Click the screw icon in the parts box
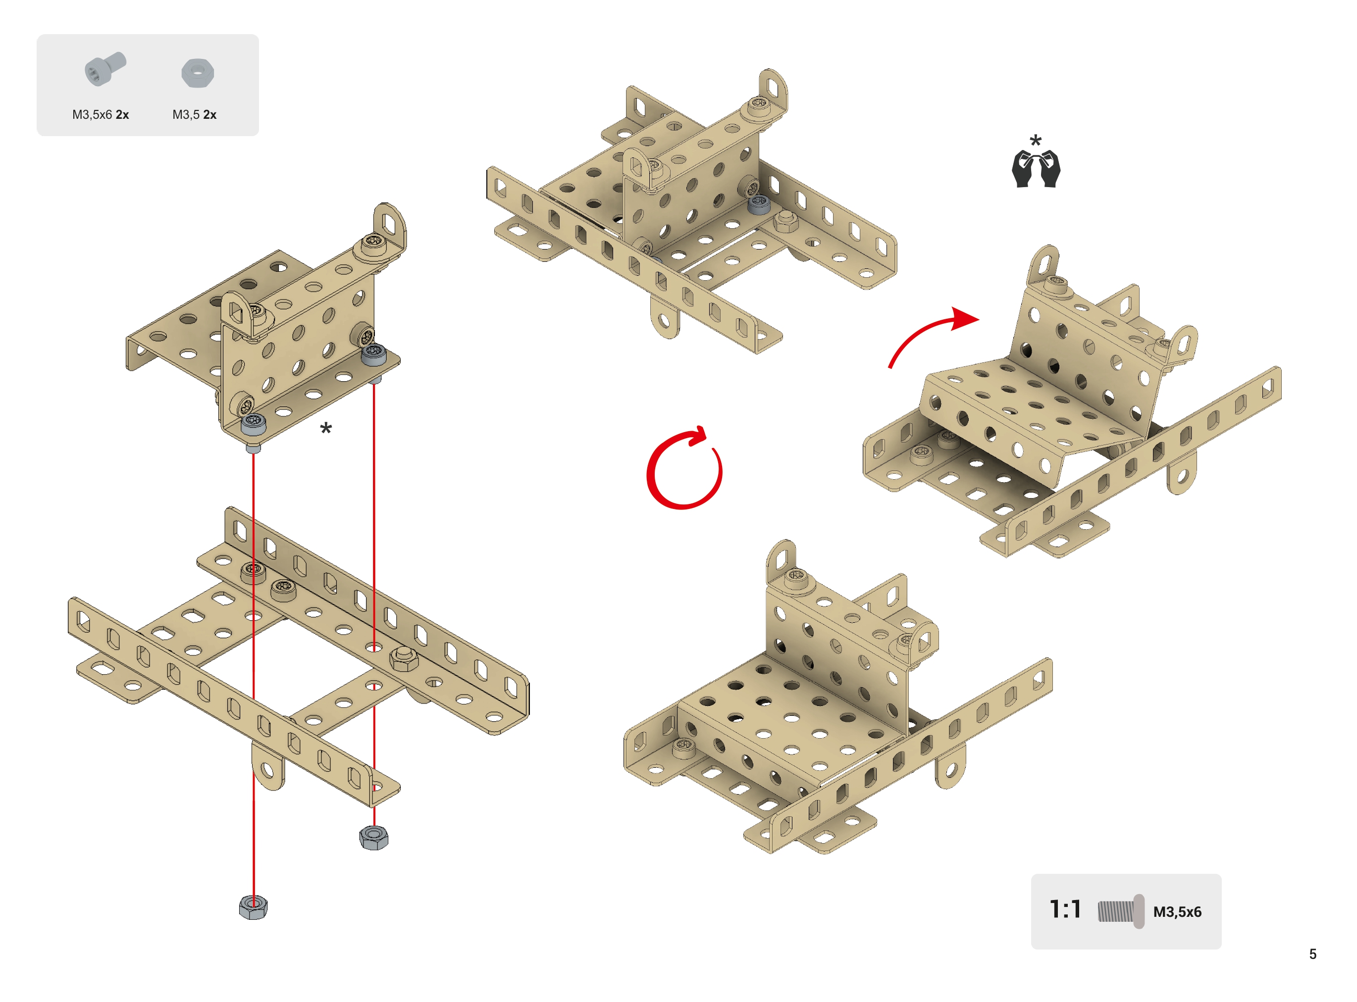tap(105, 69)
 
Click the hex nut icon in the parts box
tap(198, 73)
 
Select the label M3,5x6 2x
tap(101, 115)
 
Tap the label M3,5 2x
tap(194, 115)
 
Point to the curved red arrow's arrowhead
tap(965, 319)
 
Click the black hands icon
tap(1036, 169)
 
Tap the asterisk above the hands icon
tap(1036, 141)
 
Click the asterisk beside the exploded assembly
tap(326, 429)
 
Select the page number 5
tap(1313, 954)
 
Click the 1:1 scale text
tap(1065, 910)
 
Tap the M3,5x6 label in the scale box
tap(1177, 911)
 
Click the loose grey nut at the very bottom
tap(253, 907)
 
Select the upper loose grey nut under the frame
tap(374, 837)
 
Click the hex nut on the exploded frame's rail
tap(404, 659)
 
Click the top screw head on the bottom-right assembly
tap(796, 579)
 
